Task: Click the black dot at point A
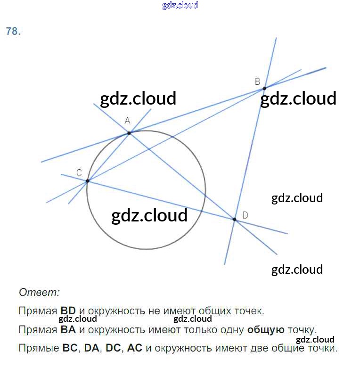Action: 129,133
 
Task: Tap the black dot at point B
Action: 264,88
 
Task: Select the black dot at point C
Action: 88,180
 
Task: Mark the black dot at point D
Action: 234,219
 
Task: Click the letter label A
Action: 127,121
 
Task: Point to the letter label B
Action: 257,82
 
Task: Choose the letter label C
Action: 79,173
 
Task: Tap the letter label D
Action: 245,215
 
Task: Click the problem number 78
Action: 13,32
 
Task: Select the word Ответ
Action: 39,292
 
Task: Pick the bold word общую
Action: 266,329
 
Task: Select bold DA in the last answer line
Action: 92,349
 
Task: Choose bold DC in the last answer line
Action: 113,349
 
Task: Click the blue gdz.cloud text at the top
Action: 180,5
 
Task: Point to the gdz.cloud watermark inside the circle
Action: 149,215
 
